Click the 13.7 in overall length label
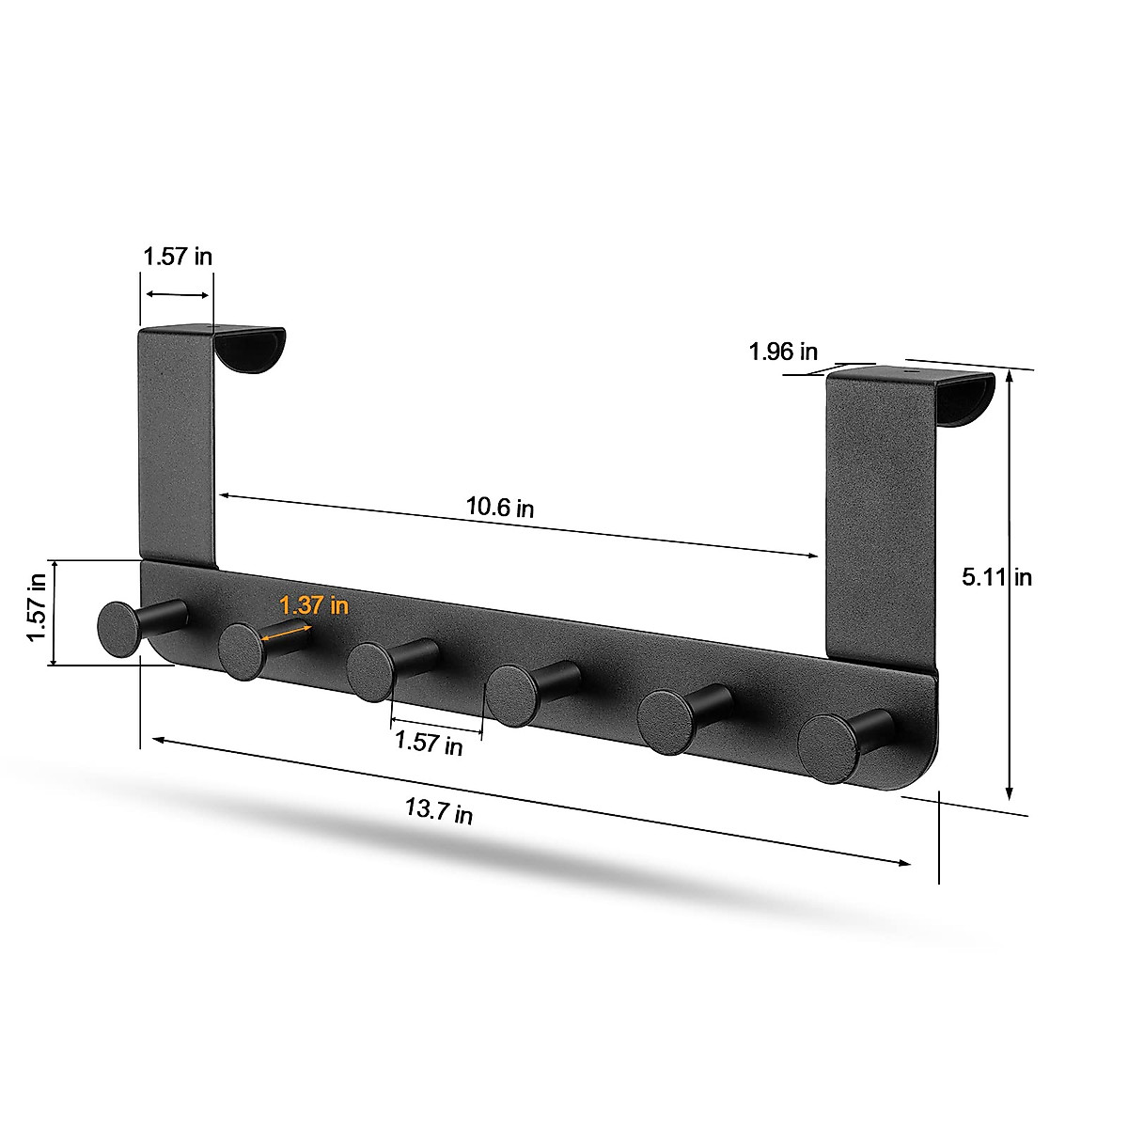439,810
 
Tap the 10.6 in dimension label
500,508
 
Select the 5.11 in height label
996,576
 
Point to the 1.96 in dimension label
783,352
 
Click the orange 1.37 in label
314,606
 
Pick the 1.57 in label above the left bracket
178,256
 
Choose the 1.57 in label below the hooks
429,743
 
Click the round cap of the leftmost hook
118,628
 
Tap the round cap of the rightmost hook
827,748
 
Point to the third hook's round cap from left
369,672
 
